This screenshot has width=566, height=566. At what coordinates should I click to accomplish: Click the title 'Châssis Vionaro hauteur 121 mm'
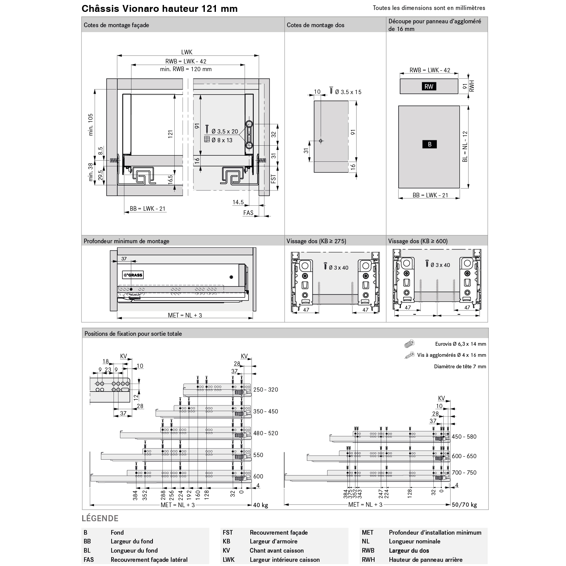pyautogui.click(x=159, y=9)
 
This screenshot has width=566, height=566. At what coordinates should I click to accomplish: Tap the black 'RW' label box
pyautogui.click(x=429, y=86)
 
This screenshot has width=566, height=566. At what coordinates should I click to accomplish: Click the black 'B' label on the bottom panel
pyautogui.click(x=430, y=144)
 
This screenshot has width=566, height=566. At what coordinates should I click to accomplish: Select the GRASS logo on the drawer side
pyautogui.click(x=133, y=275)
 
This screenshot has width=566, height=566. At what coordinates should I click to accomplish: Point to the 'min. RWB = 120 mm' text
pyautogui.click(x=186, y=69)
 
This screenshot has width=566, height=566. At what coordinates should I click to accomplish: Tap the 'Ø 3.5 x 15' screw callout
pyautogui.click(x=348, y=92)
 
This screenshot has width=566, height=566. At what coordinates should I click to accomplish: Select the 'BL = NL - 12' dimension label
pyautogui.click(x=465, y=146)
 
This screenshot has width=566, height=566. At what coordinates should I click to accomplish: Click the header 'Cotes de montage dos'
pyautogui.click(x=315, y=25)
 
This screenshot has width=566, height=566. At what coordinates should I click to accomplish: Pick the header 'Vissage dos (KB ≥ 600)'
pyautogui.click(x=418, y=241)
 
